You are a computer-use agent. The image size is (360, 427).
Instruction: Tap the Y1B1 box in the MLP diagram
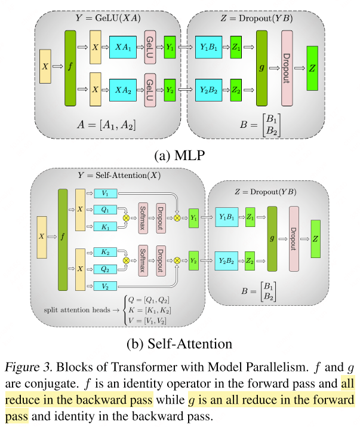pos(209,46)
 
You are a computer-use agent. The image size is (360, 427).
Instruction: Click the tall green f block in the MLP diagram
pos(72,68)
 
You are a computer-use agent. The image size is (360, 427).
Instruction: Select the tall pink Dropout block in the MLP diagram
pos(287,68)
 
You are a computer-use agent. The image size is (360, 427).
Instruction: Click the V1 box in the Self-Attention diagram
pos(105,193)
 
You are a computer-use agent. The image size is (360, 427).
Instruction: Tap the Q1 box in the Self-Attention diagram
pos(105,210)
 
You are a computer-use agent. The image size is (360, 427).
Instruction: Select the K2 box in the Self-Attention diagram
pos(105,253)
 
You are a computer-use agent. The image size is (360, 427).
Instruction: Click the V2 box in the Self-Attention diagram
pos(105,287)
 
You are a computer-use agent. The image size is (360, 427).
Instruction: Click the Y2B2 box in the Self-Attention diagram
pos(227,261)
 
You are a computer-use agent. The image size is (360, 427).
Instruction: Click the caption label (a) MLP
pos(180,156)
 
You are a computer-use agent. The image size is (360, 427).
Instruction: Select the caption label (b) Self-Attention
pos(179,344)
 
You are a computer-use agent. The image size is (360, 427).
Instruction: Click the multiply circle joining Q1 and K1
pos(126,218)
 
